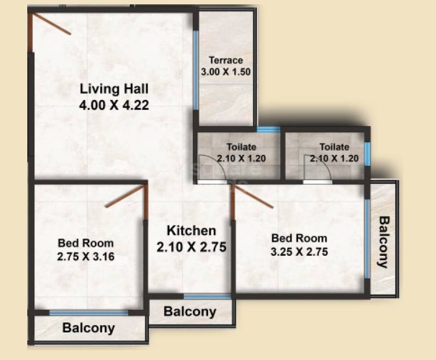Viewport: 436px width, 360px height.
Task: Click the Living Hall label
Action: point(114,88)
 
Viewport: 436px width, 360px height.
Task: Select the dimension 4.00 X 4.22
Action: point(114,104)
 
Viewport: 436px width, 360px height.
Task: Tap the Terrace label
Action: point(226,61)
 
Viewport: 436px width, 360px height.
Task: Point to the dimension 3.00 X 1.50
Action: point(226,71)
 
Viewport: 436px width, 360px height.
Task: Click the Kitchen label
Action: point(191,231)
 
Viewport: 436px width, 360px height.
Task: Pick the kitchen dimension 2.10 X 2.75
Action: point(191,247)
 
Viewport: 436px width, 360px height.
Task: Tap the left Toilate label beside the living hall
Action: point(241,147)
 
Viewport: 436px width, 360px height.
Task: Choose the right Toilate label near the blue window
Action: point(334,147)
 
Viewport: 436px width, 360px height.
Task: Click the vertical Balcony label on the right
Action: point(384,242)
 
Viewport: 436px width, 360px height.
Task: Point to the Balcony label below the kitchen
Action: point(190,312)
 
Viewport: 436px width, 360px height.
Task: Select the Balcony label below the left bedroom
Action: point(88,328)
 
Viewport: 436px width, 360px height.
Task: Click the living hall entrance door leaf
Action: point(52,25)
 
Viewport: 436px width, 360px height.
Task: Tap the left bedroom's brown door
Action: point(126,197)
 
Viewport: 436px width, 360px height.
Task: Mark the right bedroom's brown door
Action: point(252,196)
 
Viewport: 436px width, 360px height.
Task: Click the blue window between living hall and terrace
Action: point(196,71)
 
